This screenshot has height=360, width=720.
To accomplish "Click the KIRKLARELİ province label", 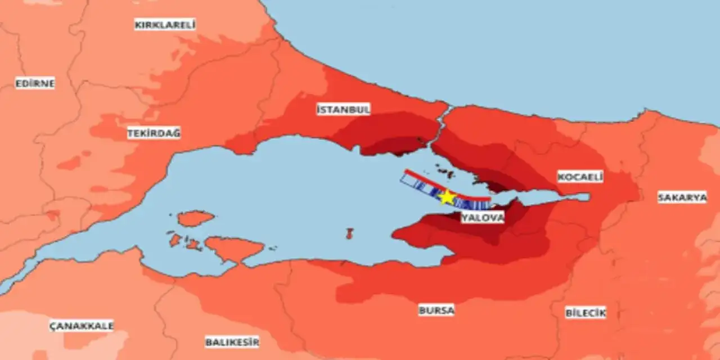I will pyautogui.click(x=165, y=25).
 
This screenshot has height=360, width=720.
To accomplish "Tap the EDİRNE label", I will pyautogui.click(x=35, y=84).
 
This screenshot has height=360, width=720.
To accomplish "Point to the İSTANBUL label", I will pyautogui.click(x=343, y=109).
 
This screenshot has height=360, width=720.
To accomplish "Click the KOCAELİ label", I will pyautogui.click(x=580, y=177).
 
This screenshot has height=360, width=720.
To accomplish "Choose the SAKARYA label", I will pyautogui.click(x=682, y=197).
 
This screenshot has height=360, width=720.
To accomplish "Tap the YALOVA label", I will pyautogui.click(x=483, y=218).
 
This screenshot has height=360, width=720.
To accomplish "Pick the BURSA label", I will pyautogui.click(x=436, y=310).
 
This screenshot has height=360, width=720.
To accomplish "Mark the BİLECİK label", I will pyautogui.click(x=586, y=313).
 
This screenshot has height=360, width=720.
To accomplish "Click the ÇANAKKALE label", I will pyautogui.click(x=82, y=326).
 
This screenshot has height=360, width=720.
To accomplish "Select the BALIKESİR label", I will pyautogui.click(x=232, y=341).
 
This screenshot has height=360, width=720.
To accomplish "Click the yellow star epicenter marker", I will pyautogui.click(x=447, y=197).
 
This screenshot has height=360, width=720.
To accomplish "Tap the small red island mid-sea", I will pyautogui.click(x=349, y=233).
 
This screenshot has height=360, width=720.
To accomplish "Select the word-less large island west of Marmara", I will pyautogui.click(x=233, y=248).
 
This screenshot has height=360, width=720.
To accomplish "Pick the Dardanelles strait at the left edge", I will pyautogui.click(x=11, y=284).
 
